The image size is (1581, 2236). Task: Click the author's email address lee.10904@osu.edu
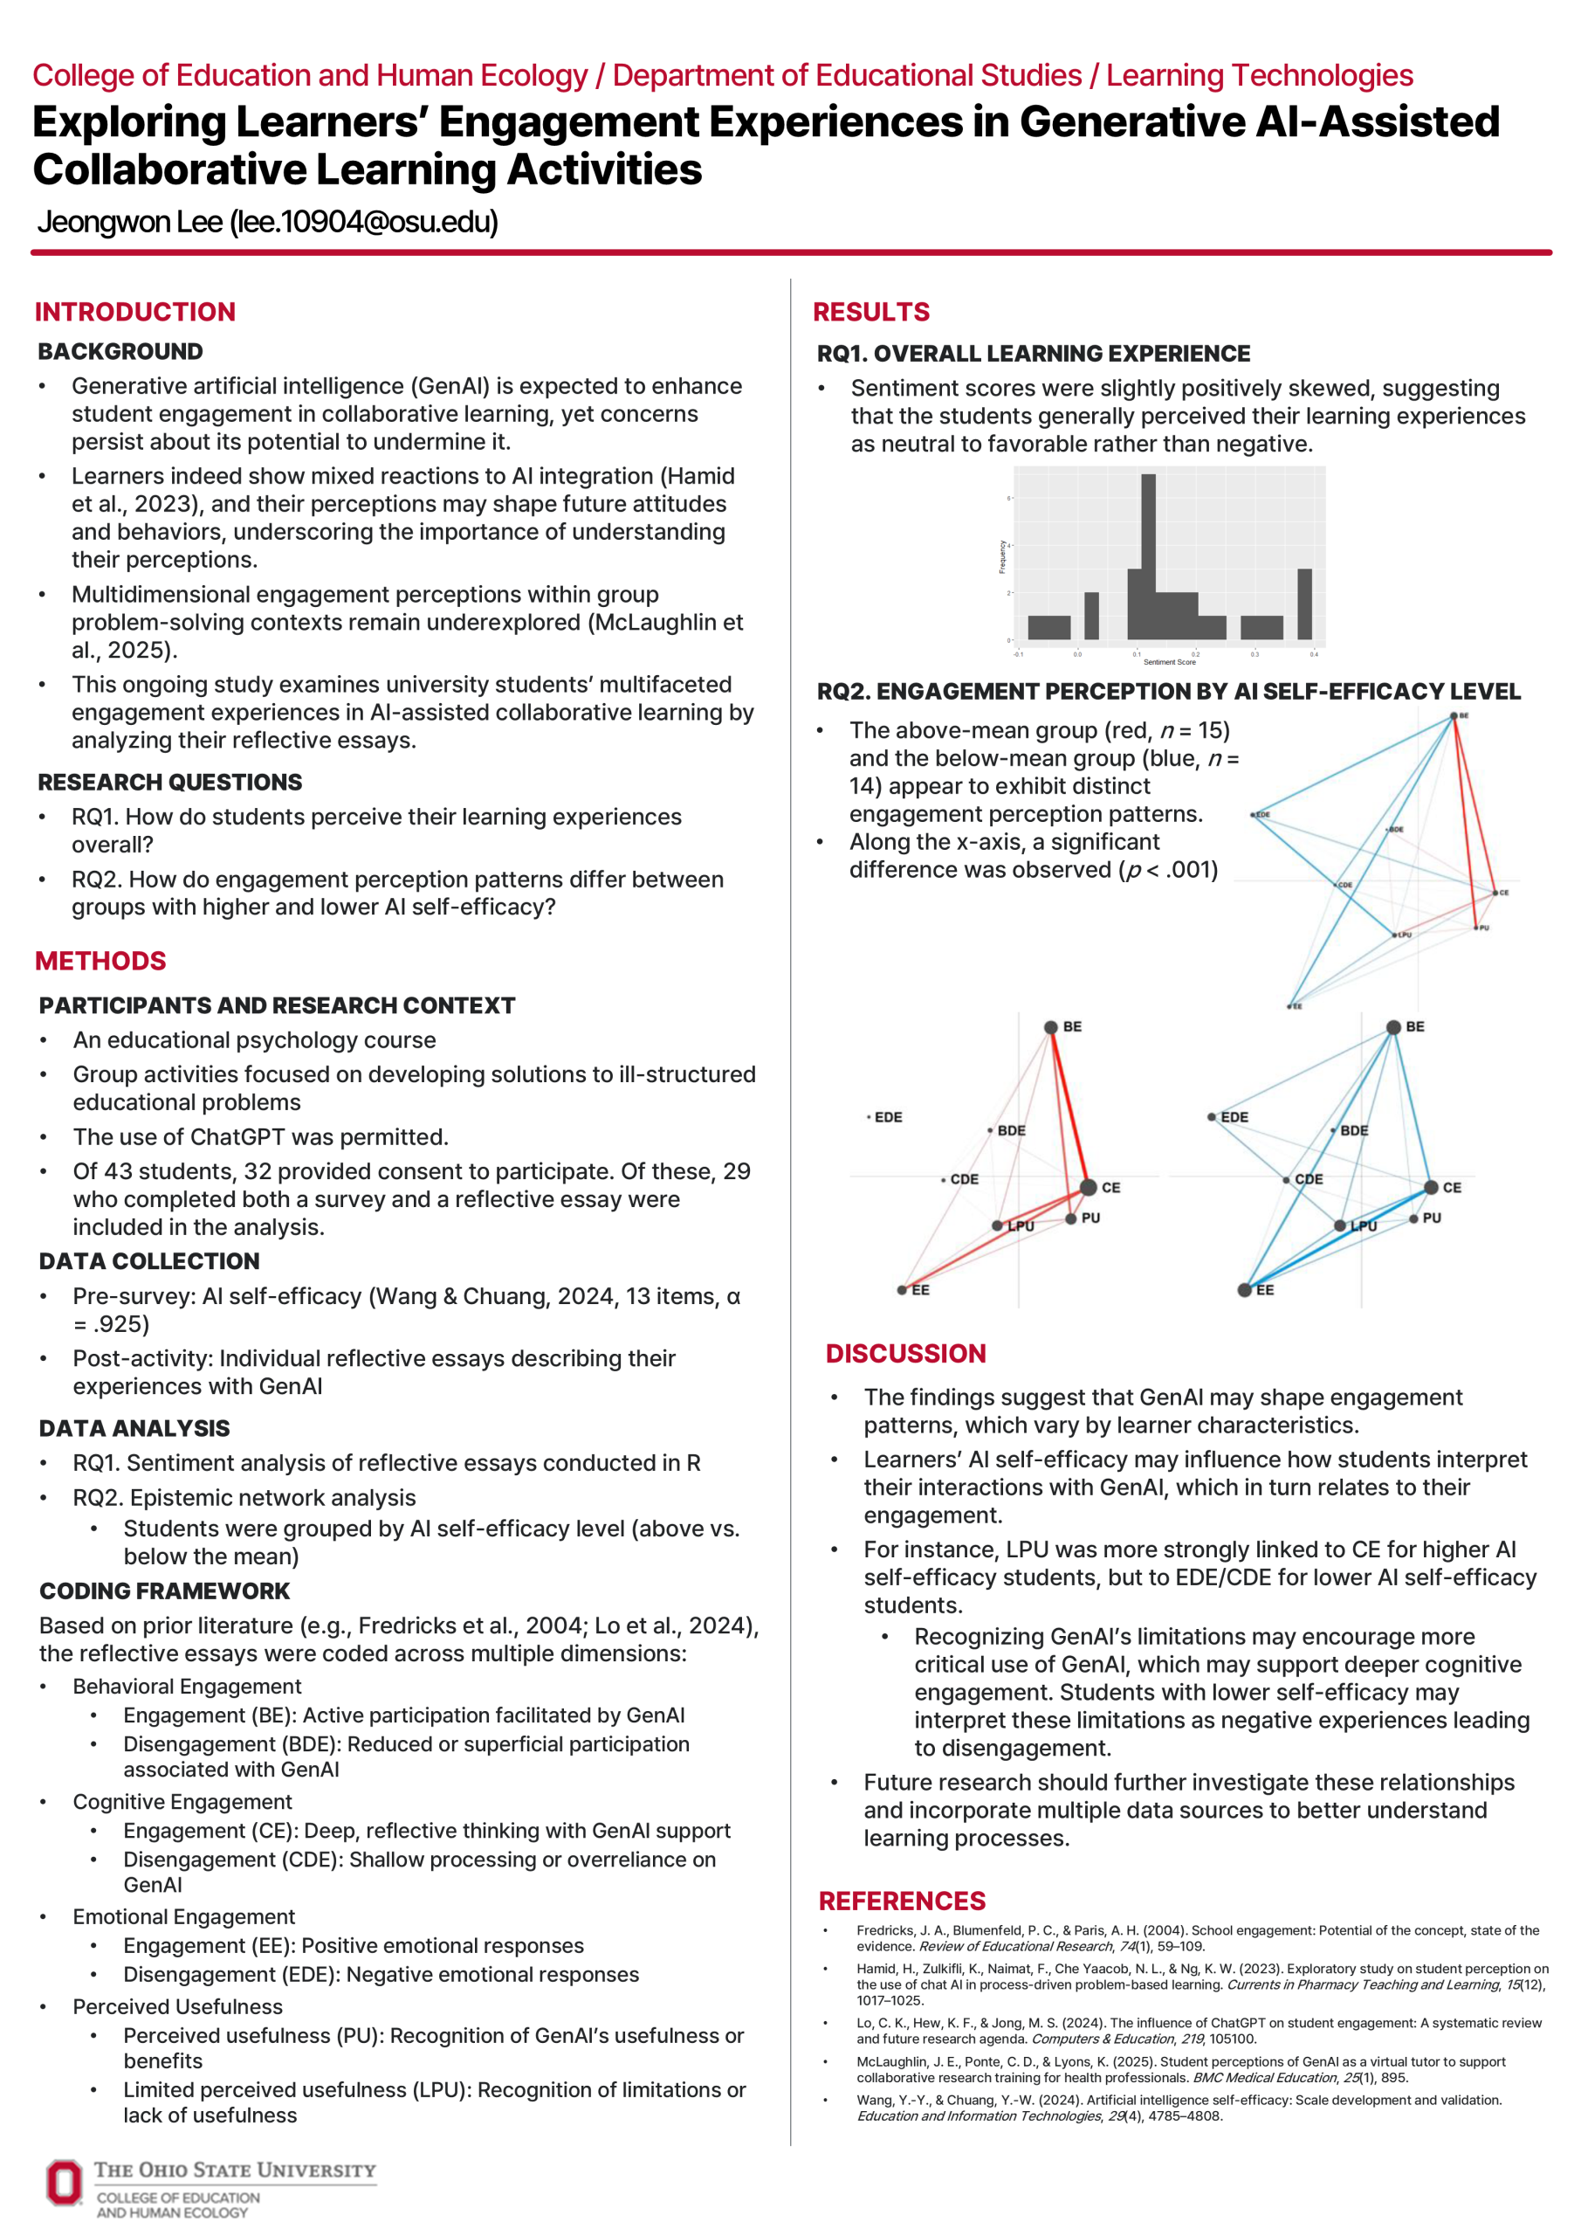[364, 223]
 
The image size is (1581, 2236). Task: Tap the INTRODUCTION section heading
[135, 312]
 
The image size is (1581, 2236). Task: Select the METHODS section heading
[100, 961]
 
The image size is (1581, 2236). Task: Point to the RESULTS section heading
[871, 312]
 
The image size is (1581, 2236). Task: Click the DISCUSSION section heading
[905, 1354]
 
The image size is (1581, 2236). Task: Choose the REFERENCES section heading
[902, 1901]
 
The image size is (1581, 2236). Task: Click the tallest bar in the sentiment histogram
[1149, 556]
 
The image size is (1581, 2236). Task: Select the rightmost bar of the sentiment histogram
[1304, 604]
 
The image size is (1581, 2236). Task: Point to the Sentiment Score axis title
[1169, 662]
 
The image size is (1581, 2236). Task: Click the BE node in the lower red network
[1050, 1027]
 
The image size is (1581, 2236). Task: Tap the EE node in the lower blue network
[1244, 1290]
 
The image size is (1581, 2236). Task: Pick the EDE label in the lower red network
[888, 1117]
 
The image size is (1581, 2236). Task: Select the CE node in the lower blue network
[1431, 1187]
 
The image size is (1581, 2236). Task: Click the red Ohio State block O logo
[65, 2183]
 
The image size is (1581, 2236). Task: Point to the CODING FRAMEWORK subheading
[164, 1591]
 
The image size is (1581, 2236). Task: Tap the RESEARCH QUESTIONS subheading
[170, 782]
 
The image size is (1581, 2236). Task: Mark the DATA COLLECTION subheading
[150, 1261]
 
